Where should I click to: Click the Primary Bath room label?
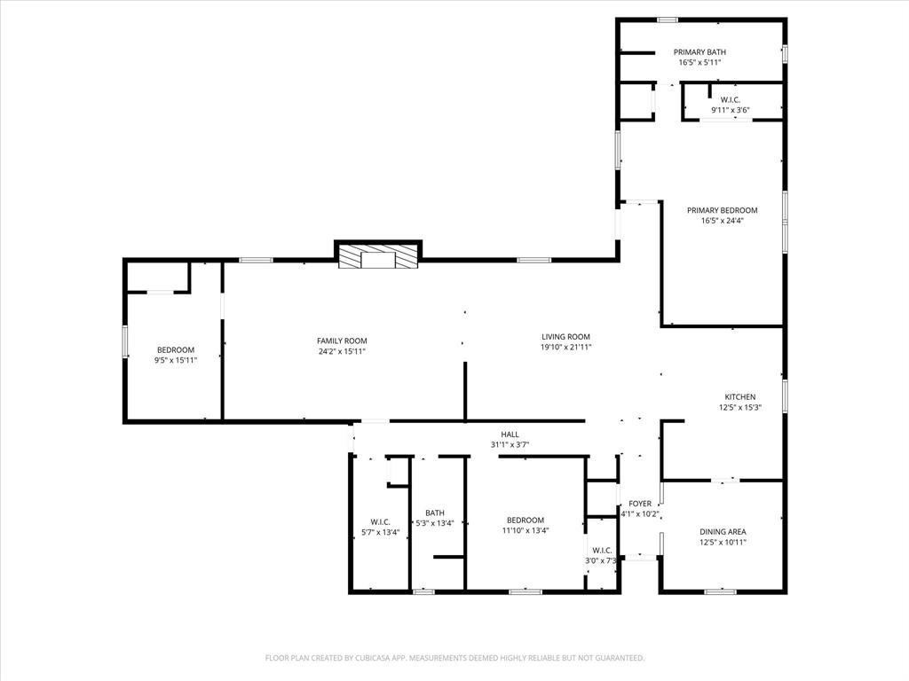[x=700, y=52]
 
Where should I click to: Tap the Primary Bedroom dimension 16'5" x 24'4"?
[x=722, y=221]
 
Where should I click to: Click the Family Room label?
[x=342, y=340]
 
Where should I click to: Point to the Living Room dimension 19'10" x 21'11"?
[x=566, y=348]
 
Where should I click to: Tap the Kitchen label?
[x=740, y=396]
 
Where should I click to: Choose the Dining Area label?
[x=723, y=531]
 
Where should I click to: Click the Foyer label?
[x=640, y=503]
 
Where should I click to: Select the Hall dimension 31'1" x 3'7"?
[x=510, y=445]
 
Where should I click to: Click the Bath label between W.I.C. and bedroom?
[x=435, y=513]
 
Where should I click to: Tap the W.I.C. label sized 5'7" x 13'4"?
[x=380, y=522]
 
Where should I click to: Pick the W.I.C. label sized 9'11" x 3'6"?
[x=731, y=99]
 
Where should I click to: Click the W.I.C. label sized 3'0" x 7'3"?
[x=602, y=550]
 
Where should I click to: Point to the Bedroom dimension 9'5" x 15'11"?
[x=176, y=360]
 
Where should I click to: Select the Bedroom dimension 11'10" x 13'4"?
[x=526, y=531]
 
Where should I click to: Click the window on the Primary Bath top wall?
[x=668, y=20]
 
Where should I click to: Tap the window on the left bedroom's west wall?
[x=125, y=341]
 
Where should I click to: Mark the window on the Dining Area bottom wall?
[x=720, y=591]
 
